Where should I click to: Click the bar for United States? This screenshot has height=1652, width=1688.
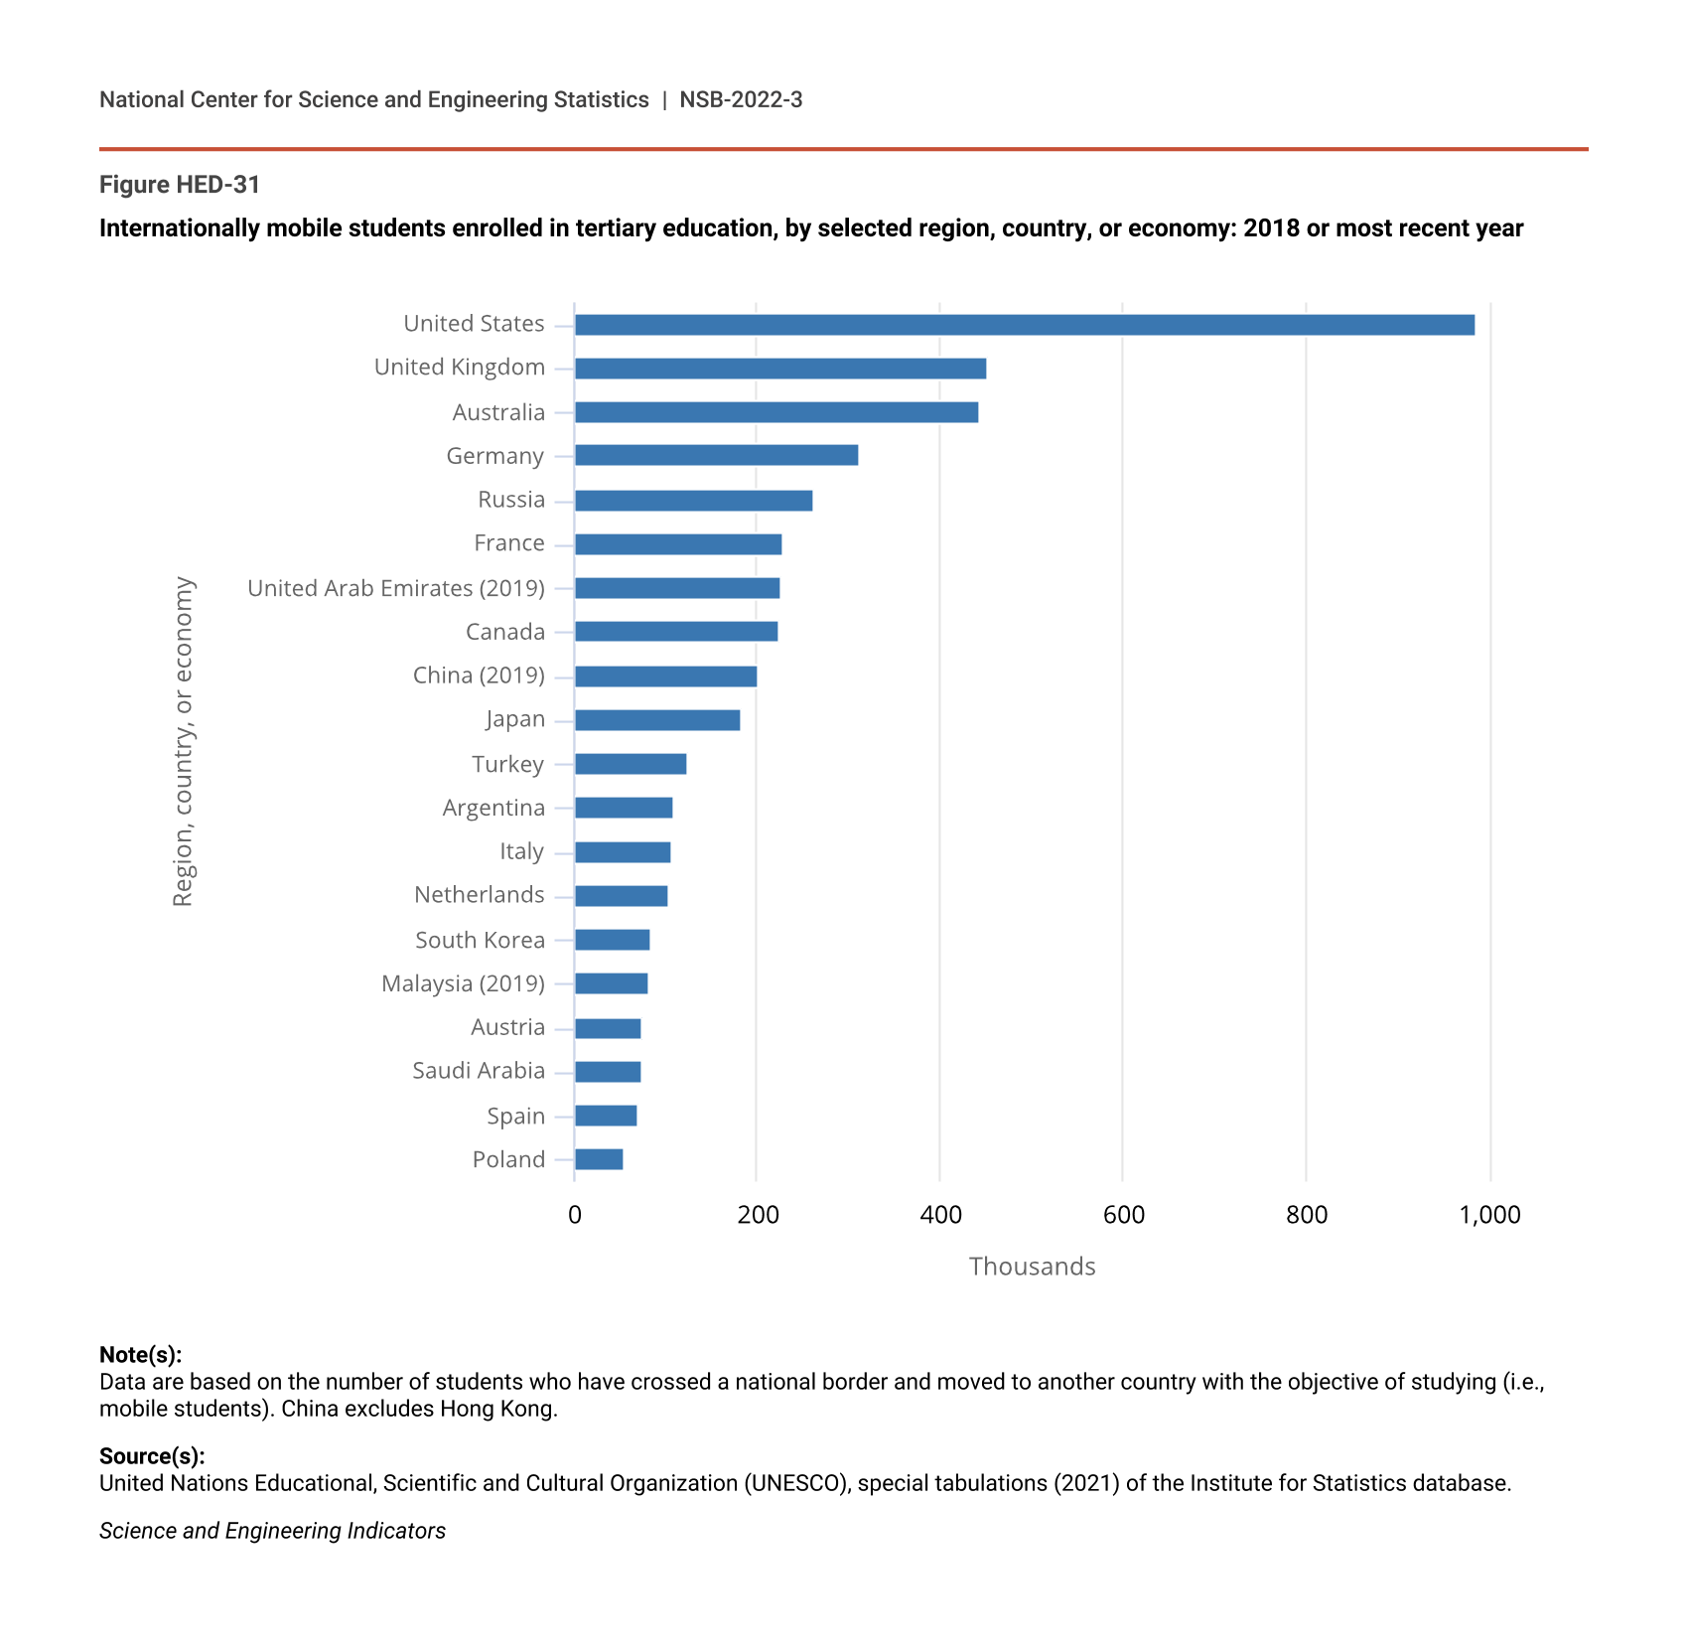(1024, 325)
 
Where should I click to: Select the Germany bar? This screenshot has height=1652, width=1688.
(716, 456)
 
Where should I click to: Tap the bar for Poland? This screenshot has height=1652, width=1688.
(599, 1159)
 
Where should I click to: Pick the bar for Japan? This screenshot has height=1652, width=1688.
(657, 720)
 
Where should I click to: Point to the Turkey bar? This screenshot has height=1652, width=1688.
(631, 764)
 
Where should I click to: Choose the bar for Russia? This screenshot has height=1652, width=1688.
(693, 501)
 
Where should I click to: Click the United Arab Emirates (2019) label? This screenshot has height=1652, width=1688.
(396, 588)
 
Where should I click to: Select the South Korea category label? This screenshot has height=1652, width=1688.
(480, 940)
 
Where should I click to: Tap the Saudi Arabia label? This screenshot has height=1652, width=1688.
(479, 1071)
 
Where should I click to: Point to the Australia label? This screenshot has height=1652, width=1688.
(498, 412)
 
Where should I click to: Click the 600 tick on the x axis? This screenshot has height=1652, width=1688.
(1123, 1215)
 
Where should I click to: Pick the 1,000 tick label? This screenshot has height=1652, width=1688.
(1489, 1215)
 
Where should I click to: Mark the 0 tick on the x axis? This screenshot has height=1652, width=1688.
(575, 1215)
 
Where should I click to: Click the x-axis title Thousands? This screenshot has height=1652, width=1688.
(1032, 1267)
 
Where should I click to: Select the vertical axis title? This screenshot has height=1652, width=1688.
(184, 741)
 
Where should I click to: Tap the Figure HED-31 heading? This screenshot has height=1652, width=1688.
(180, 185)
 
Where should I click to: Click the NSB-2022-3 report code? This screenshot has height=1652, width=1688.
(741, 100)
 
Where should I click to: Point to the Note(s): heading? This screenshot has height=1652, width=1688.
(140, 1355)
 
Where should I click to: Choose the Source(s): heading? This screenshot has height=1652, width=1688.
(152, 1456)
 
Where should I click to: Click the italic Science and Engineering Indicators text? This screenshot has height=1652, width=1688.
(272, 1531)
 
